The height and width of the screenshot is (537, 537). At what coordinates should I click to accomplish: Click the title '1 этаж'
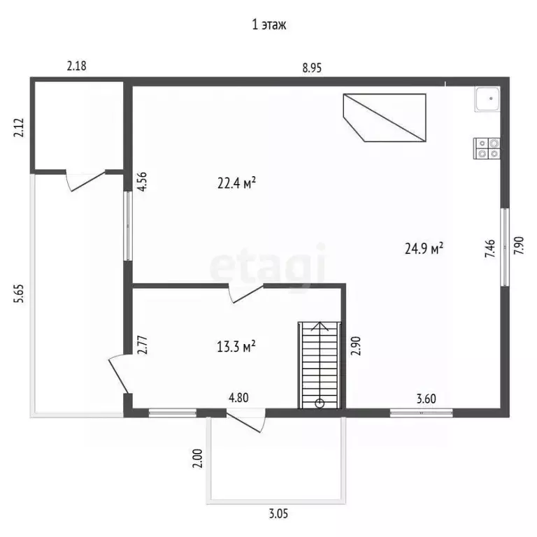coord(268,24)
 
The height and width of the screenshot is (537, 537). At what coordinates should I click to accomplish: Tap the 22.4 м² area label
coord(236,183)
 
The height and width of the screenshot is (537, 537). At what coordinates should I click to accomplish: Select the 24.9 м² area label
coord(424,248)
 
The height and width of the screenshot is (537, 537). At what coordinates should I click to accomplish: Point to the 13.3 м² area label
coord(236,347)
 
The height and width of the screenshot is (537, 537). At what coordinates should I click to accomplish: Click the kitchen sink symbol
coord(487,99)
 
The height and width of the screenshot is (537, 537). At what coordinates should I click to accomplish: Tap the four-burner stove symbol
coord(487,148)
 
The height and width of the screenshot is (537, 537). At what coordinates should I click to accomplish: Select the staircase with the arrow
coord(320,365)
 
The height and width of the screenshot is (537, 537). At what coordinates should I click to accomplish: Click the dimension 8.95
coord(312,68)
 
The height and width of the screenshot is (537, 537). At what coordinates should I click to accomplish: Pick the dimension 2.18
coord(76,66)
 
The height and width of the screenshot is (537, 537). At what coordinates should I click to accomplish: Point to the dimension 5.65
coord(19,294)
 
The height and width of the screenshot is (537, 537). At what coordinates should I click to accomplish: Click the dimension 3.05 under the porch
coord(278,514)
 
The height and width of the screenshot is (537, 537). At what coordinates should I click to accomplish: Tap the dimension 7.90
coord(519,245)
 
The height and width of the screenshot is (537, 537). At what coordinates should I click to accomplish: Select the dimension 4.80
coord(238,398)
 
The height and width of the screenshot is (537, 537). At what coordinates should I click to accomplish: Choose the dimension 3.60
coord(426,399)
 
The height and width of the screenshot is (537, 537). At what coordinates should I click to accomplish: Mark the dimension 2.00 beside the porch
coord(198,458)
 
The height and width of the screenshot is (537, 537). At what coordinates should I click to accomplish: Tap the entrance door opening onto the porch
coord(246,420)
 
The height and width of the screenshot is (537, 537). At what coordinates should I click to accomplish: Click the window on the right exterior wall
coord(504,247)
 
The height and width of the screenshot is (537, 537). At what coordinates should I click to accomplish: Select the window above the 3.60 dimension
coord(421,413)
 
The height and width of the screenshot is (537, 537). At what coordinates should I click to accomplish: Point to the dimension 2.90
coord(356,346)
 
